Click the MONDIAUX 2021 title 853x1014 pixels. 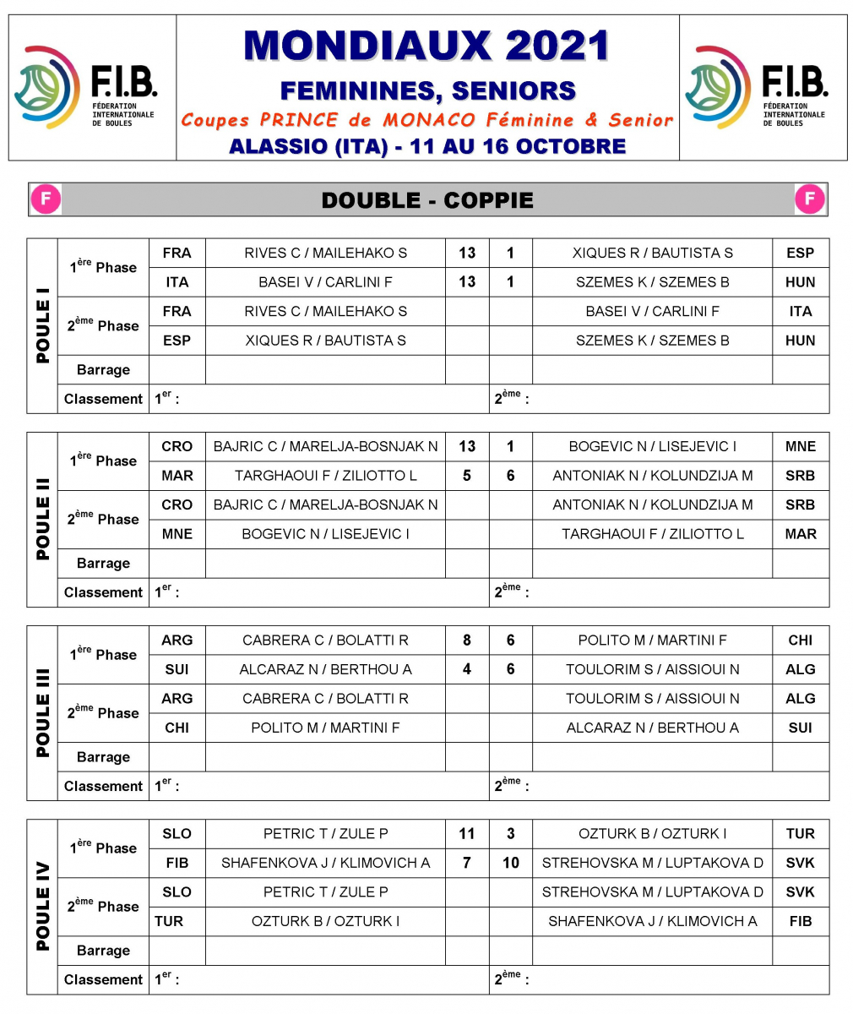[426, 46]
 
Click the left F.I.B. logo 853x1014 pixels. [84, 87]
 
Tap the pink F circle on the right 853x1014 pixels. [809, 199]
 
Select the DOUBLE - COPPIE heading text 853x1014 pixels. [427, 200]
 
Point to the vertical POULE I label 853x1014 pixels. [42, 325]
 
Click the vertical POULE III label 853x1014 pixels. [42, 712]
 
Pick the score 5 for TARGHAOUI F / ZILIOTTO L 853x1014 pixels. [467, 476]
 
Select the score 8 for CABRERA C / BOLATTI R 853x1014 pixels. [467, 641]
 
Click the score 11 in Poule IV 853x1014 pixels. [467, 834]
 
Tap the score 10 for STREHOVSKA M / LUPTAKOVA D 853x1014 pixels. [511, 863]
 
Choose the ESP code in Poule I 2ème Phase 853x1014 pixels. [177, 341]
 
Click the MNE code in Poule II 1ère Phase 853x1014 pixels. [800, 447]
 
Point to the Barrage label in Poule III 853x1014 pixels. [103, 757]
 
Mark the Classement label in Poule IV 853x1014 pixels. [103, 980]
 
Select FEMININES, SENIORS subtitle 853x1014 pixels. [427, 90]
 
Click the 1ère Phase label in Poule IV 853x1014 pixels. [103, 848]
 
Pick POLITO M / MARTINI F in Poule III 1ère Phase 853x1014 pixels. [652, 641]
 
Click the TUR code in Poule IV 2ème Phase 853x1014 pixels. [169, 921]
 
